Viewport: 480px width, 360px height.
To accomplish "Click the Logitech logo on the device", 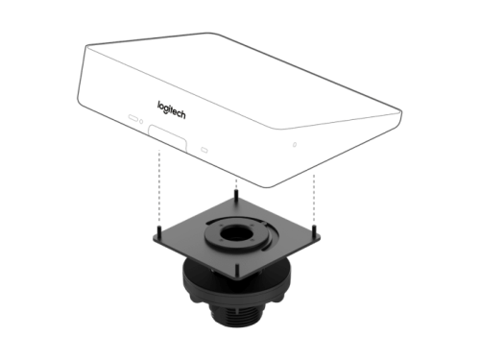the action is tap(171, 109).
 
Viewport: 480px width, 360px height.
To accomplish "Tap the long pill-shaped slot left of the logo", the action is tap(133, 117).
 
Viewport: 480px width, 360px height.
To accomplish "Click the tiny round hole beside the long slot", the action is tap(141, 122).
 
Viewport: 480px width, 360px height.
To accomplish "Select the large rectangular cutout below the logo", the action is tap(167, 137).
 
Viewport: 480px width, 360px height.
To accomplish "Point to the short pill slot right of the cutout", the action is tap(204, 150).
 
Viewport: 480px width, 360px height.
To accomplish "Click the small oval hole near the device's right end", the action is tap(295, 145).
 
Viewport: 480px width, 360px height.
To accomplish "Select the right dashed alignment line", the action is tap(314, 199).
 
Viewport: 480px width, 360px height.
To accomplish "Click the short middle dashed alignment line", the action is tap(236, 184).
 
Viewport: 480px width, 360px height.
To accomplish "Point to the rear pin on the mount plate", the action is tap(236, 194).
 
